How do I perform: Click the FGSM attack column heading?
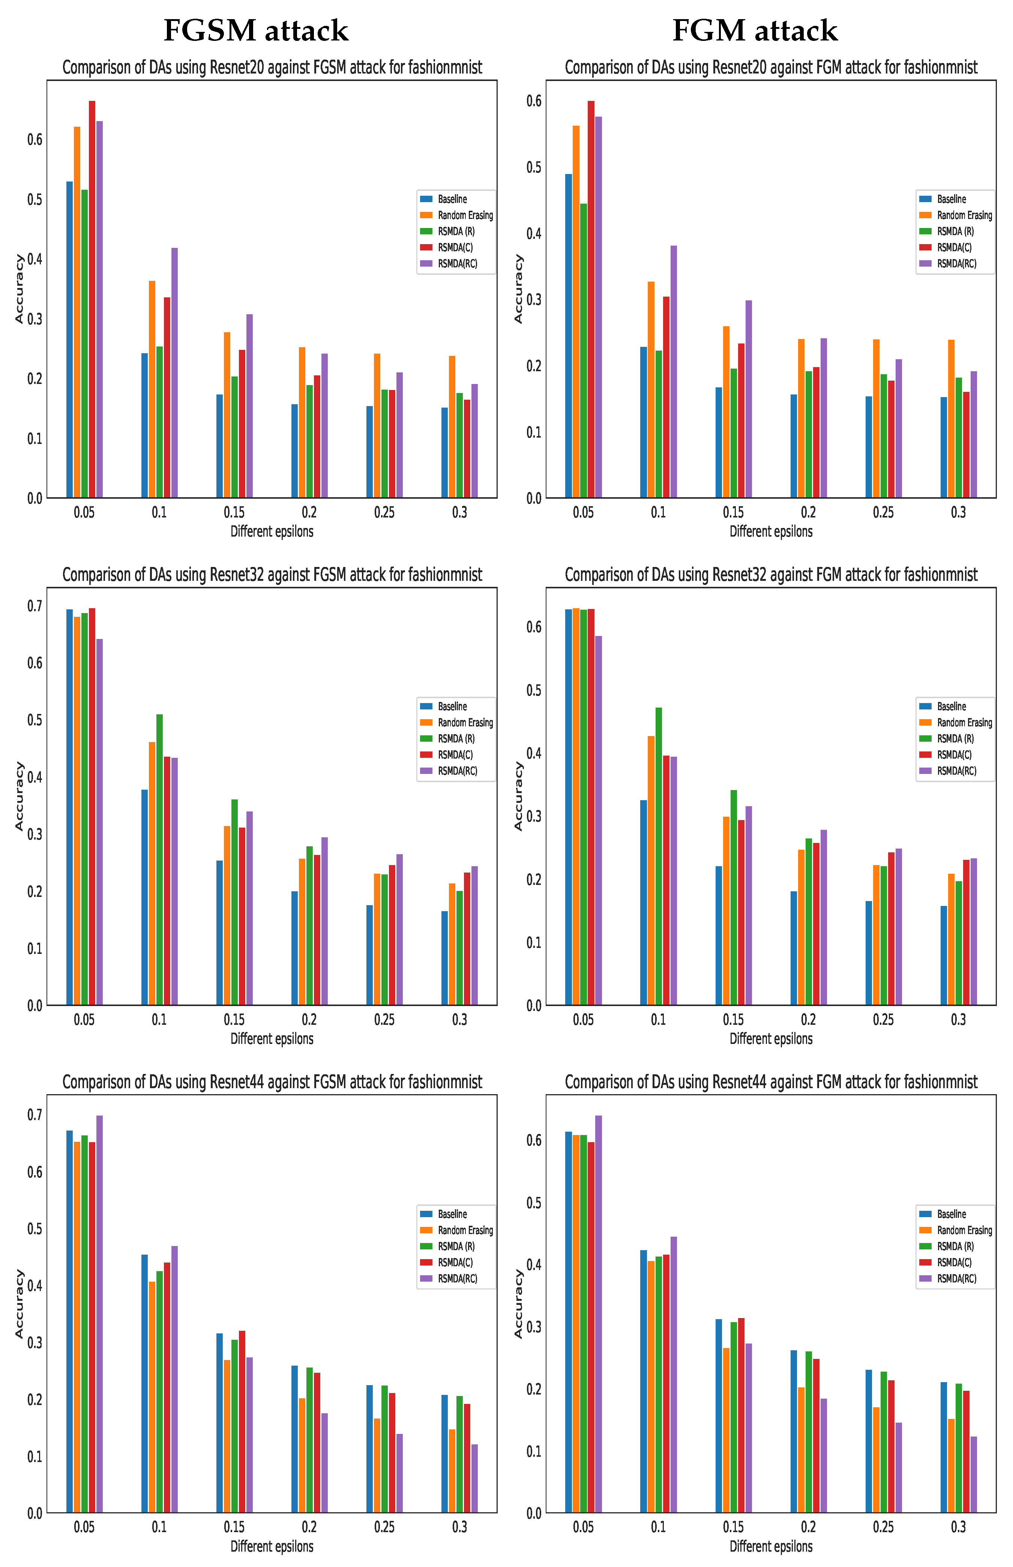pyautogui.click(x=255, y=31)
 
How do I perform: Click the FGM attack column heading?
pyautogui.click(x=755, y=31)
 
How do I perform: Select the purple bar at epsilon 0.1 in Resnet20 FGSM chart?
pyautogui.click(x=174, y=372)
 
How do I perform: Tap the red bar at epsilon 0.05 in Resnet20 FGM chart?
pyautogui.click(x=591, y=299)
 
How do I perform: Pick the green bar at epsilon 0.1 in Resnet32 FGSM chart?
pyautogui.click(x=159, y=859)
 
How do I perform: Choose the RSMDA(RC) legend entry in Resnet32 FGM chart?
pyautogui.click(x=956, y=771)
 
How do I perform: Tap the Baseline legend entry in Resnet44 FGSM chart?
pyautogui.click(x=452, y=1214)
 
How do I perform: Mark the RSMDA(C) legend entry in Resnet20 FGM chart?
pyautogui.click(x=954, y=247)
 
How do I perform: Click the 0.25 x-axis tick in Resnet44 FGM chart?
pyautogui.click(x=883, y=1527)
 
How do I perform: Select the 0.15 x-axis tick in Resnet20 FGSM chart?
pyautogui.click(x=234, y=512)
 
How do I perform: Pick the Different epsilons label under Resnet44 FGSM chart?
pyautogui.click(x=272, y=1546)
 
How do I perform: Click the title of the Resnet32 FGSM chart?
pyautogui.click(x=272, y=575)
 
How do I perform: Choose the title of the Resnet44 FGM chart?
pyautogui.click(x=771, y=1083)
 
